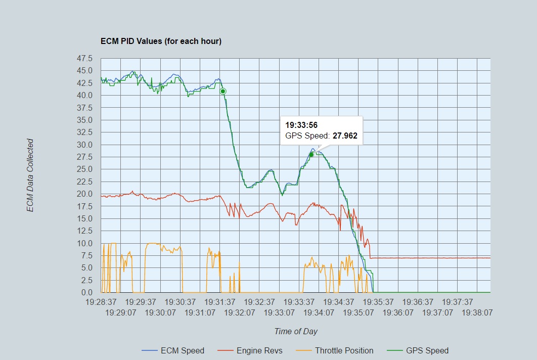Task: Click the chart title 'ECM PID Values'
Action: (161, 41)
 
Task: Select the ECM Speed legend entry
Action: (182, 350)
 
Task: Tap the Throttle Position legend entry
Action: (344, 350)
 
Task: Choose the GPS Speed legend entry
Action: (427, 350)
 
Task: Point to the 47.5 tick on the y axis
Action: (84, 58)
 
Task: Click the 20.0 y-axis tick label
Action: (84, 194)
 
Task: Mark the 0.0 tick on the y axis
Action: (86, 292)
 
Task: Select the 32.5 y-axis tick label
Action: (84, 132)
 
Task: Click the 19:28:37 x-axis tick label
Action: (101, 302)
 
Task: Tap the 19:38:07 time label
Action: (478, 312)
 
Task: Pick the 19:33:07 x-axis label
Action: (279, 312)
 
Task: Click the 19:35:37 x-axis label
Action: (379, 302)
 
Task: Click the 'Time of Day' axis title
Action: (296, 332)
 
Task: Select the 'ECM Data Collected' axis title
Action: (31, 175)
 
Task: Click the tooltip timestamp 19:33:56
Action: (301, 125)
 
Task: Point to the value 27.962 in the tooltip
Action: (345, 136)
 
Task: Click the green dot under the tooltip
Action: (311, 155)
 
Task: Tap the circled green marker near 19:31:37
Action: (223, 91)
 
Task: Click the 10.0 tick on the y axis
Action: (84, 243)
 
